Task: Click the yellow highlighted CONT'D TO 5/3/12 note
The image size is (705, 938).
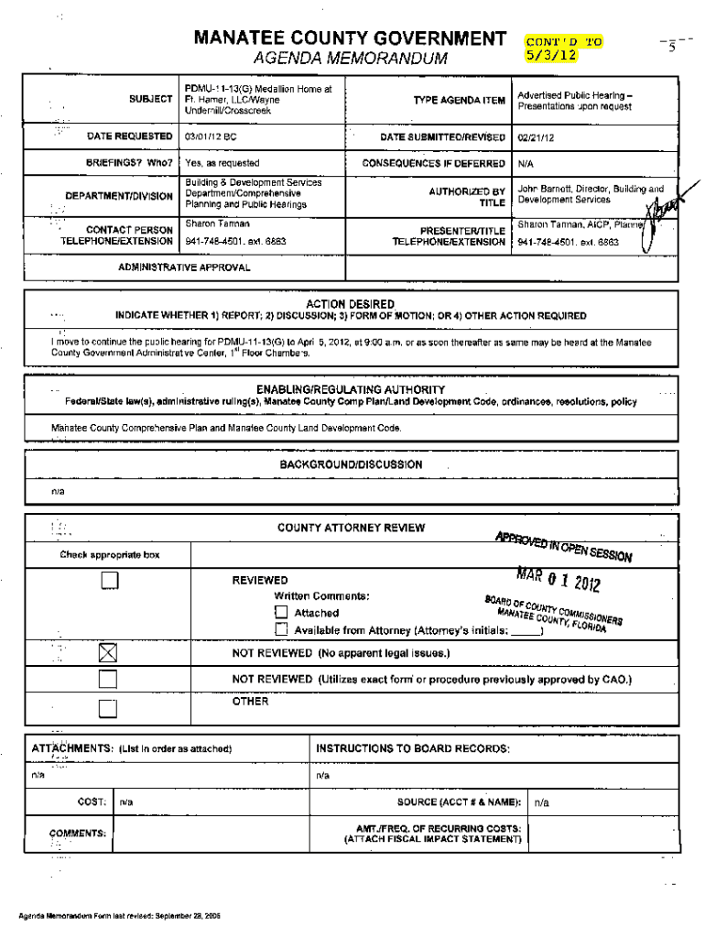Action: pyautogui.click(x=563, y=48)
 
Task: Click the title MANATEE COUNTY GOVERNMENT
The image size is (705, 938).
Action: pyautogui.click(x=349, y=38)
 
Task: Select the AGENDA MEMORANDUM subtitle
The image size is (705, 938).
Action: pyautogui.click(x=349, y=60)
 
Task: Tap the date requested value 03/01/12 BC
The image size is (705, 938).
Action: pyautogui.click(x=211, y=137)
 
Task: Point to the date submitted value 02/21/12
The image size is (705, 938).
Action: pyautogui.click(x=535, y=137)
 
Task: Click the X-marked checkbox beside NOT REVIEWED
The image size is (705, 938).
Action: pyautogui.click(x=109, y=654)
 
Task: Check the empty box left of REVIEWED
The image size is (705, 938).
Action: pyautogui.click(x=109, y=580)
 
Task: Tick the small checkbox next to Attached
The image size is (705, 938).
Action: pyautogui.click(x=282, y=613)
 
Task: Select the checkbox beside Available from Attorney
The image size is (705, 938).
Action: pyautogui.click(x=282, y=630)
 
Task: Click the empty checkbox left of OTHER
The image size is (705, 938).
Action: pyautogui.click(x=109, y=708)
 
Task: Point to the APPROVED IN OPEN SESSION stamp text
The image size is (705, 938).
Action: pyautogui.click(x=563, y=546)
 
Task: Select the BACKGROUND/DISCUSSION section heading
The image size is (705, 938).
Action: pyautogui.click(x=352, y=464)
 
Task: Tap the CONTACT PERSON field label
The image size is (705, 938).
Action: pyautogui.click(x=129, y=229)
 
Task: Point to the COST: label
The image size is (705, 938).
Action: pyautogui.click(x=92, y=802)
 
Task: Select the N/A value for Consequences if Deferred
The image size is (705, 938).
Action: pyautogui.click(x=526, y=163)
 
